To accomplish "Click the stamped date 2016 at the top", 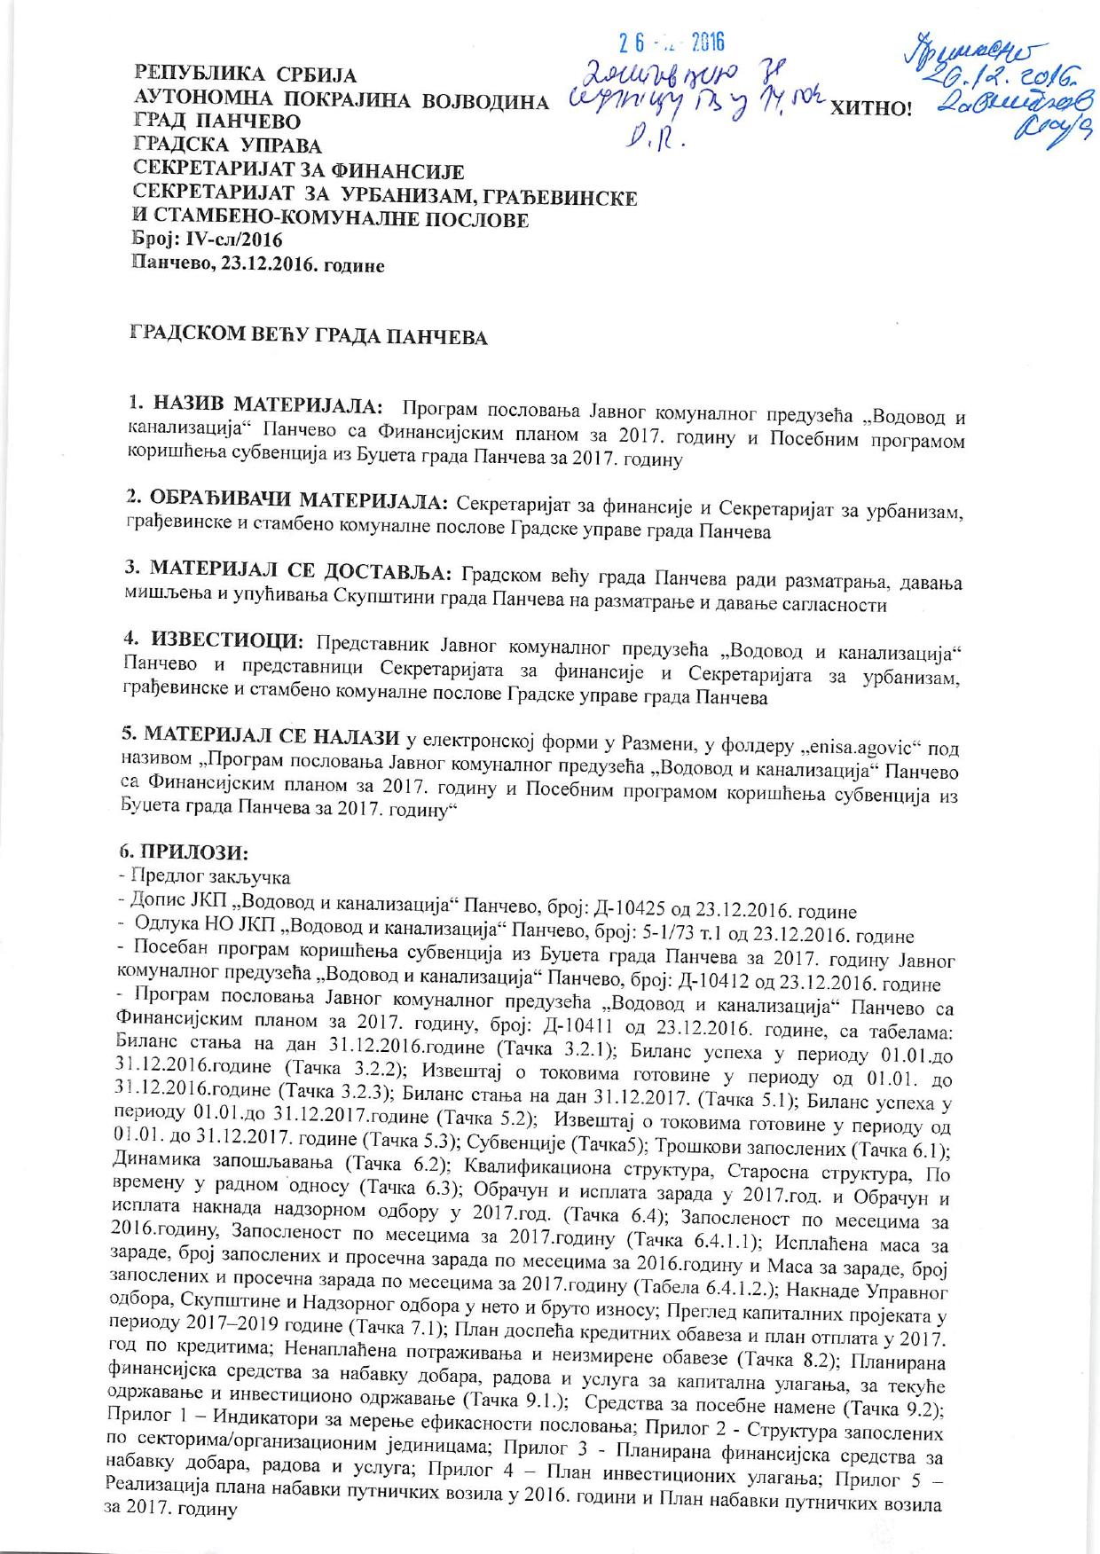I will [707, 42].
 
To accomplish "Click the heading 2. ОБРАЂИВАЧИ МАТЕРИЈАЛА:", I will [287, 498].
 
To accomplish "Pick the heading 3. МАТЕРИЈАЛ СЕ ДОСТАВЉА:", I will [290, 568].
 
